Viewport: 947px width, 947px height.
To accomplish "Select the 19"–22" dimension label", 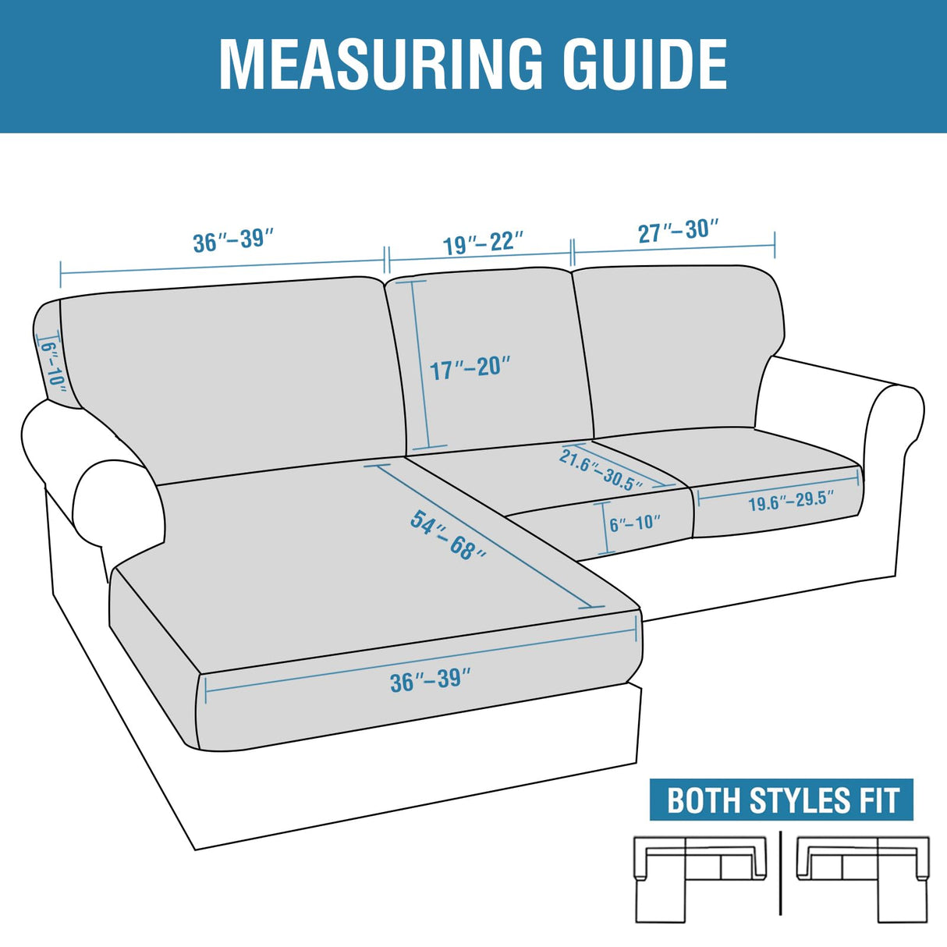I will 483,243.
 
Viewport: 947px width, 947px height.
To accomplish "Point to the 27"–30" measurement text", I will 678,231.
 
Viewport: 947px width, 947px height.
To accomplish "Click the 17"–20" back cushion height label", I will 470,367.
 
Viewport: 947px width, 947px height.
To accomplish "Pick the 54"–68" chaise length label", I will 448,535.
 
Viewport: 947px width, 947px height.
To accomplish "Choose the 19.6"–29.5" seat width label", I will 790,501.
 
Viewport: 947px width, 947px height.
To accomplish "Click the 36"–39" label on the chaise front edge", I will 431,680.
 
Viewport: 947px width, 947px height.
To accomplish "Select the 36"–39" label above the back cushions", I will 233,239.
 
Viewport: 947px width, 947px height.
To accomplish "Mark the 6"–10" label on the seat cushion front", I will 635,523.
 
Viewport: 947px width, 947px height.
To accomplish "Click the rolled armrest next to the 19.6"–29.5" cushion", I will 895,437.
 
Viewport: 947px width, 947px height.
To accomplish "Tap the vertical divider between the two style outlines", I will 781,874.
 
